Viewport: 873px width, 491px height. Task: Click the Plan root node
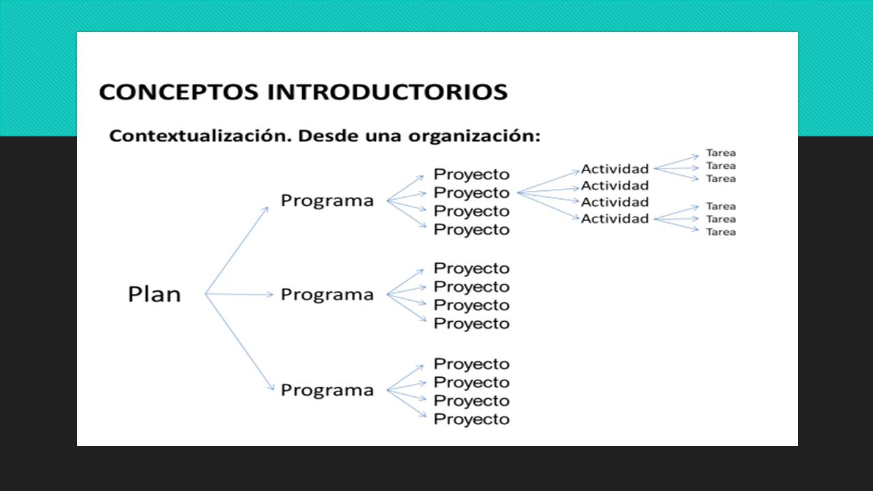[154, 294]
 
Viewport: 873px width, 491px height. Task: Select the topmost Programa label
[327, 201]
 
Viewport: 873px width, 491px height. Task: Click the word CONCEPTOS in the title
[179, 92]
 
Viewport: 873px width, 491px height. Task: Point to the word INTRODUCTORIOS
[387, 92]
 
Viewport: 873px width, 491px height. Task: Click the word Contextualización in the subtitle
[201, 136]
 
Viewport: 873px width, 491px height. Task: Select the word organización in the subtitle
[474, 136]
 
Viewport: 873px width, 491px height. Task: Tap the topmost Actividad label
[615, 169]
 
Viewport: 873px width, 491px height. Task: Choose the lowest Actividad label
[615, 219]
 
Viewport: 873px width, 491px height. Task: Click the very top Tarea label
[721, 153]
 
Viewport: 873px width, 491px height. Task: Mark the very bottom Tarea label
[721, 232]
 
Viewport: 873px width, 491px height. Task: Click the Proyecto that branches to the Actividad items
[471, 193]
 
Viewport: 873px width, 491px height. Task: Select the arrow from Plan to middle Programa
[239, 294]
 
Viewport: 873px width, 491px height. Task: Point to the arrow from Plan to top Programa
[237, 250]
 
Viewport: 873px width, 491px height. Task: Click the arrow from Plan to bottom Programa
[239, 342]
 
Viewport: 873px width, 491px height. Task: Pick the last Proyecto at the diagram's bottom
[471, 419]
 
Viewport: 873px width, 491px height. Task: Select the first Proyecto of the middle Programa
[471, 269]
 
